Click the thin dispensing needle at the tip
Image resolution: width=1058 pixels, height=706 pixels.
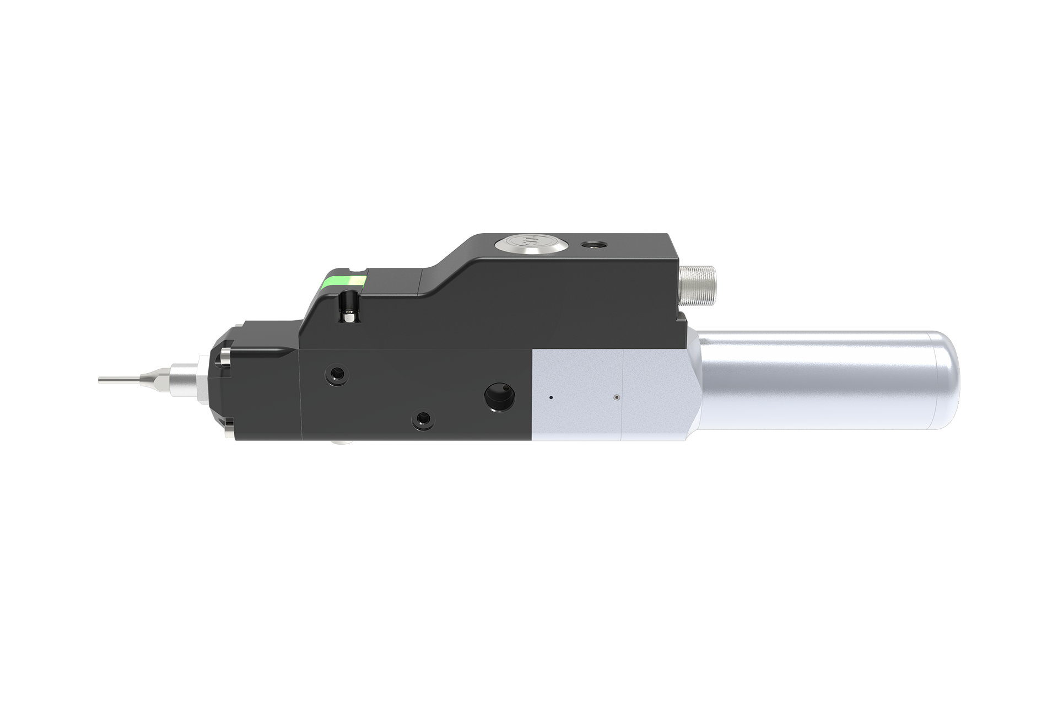click(x=118, y=380)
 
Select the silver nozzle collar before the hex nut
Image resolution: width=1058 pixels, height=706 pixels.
click(x=182, y=380)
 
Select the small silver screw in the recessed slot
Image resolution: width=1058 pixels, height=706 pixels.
click(x=349, y=315)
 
